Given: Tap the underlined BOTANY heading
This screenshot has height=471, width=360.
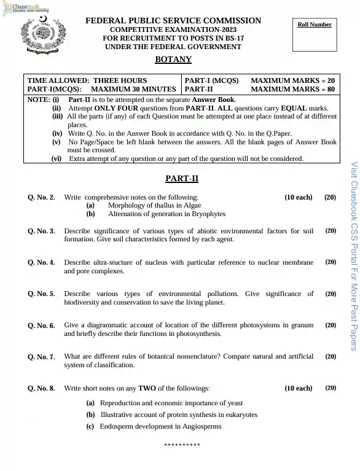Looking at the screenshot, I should click(173, 60).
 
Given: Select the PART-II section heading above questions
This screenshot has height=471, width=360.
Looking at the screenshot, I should click(182, 179).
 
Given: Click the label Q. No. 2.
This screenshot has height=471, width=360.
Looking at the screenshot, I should click(41, 198).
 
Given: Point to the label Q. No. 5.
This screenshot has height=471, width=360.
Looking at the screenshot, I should click(41, 294).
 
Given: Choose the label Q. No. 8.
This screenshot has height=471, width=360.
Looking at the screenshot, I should click(41, 389).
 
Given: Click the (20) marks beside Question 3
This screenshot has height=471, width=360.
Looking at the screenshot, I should click(331, 231).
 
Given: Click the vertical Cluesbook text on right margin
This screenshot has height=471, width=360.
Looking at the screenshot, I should click(353, 255).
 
